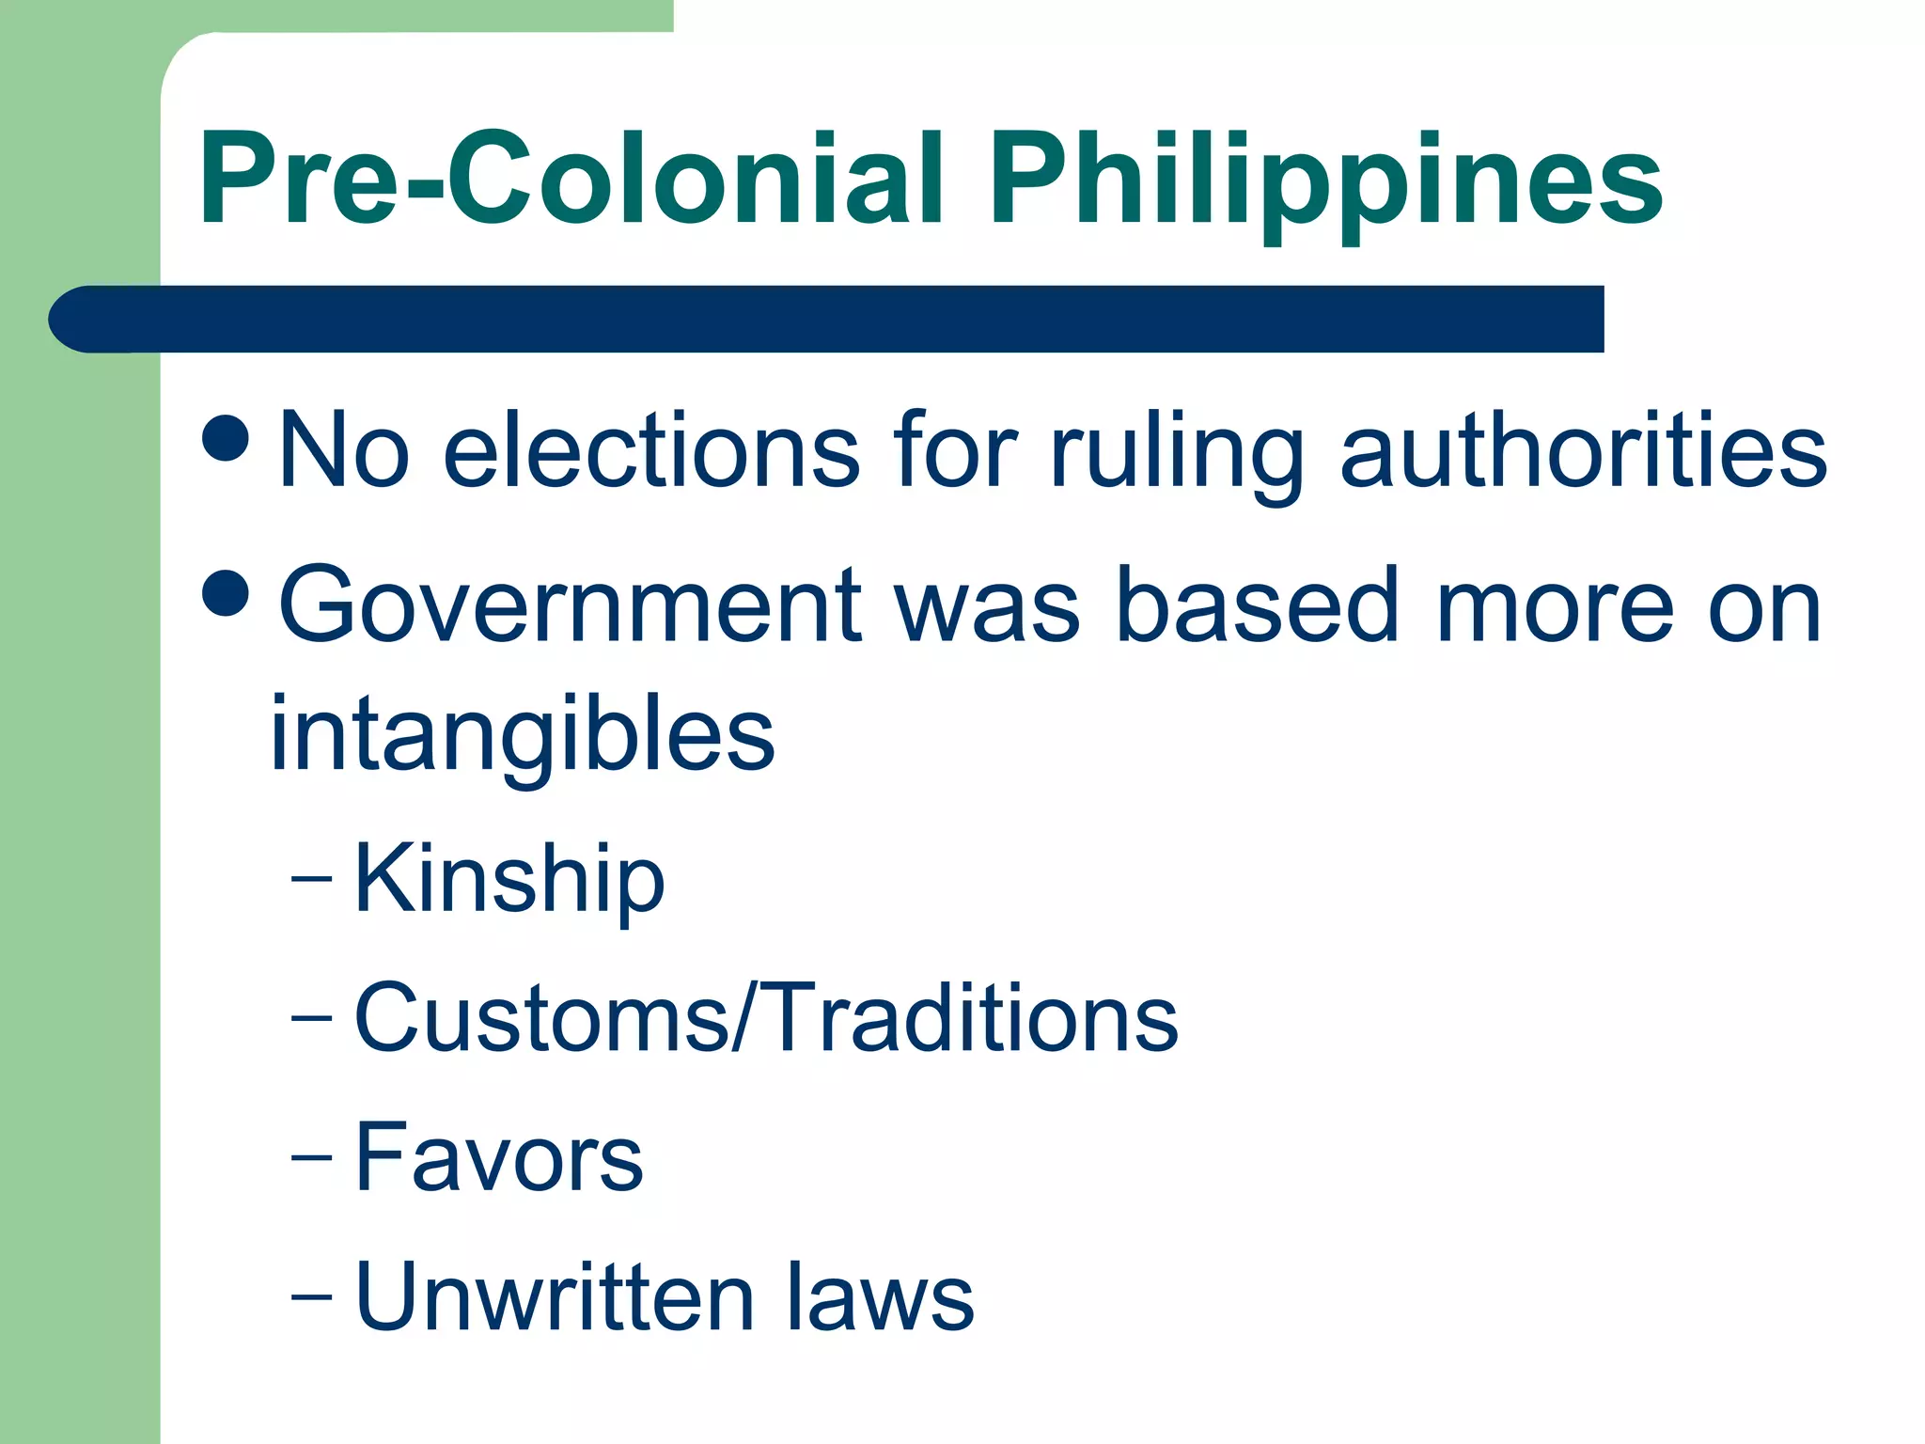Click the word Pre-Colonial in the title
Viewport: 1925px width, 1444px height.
[571, 179]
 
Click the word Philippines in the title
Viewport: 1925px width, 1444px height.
[1325, 183]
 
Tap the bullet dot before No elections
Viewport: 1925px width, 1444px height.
[226, 436]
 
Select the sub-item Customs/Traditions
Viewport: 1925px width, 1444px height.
[766, 1018]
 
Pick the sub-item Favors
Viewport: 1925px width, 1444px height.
[499, 1157]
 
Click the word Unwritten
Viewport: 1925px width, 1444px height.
[555, 1296]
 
